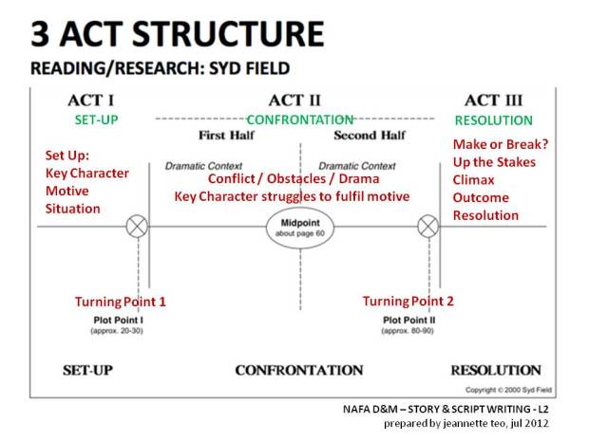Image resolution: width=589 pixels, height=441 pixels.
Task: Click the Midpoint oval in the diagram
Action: click(x=295, y=230)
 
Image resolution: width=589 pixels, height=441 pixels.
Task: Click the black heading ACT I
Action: click(x=92, y=101)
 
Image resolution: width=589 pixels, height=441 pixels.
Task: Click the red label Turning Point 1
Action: click(x=121, y=302)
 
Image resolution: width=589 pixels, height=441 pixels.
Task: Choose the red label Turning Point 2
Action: click(x=408, y=301)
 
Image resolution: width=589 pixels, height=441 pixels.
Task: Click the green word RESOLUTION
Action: click(x=493, y=120)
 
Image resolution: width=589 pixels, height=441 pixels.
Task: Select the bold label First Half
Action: click(x=225, y=135)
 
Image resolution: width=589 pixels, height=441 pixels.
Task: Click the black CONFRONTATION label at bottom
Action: click(x=299, y=370)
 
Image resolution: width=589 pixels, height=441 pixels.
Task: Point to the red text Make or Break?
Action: click(x=502, y=144)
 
